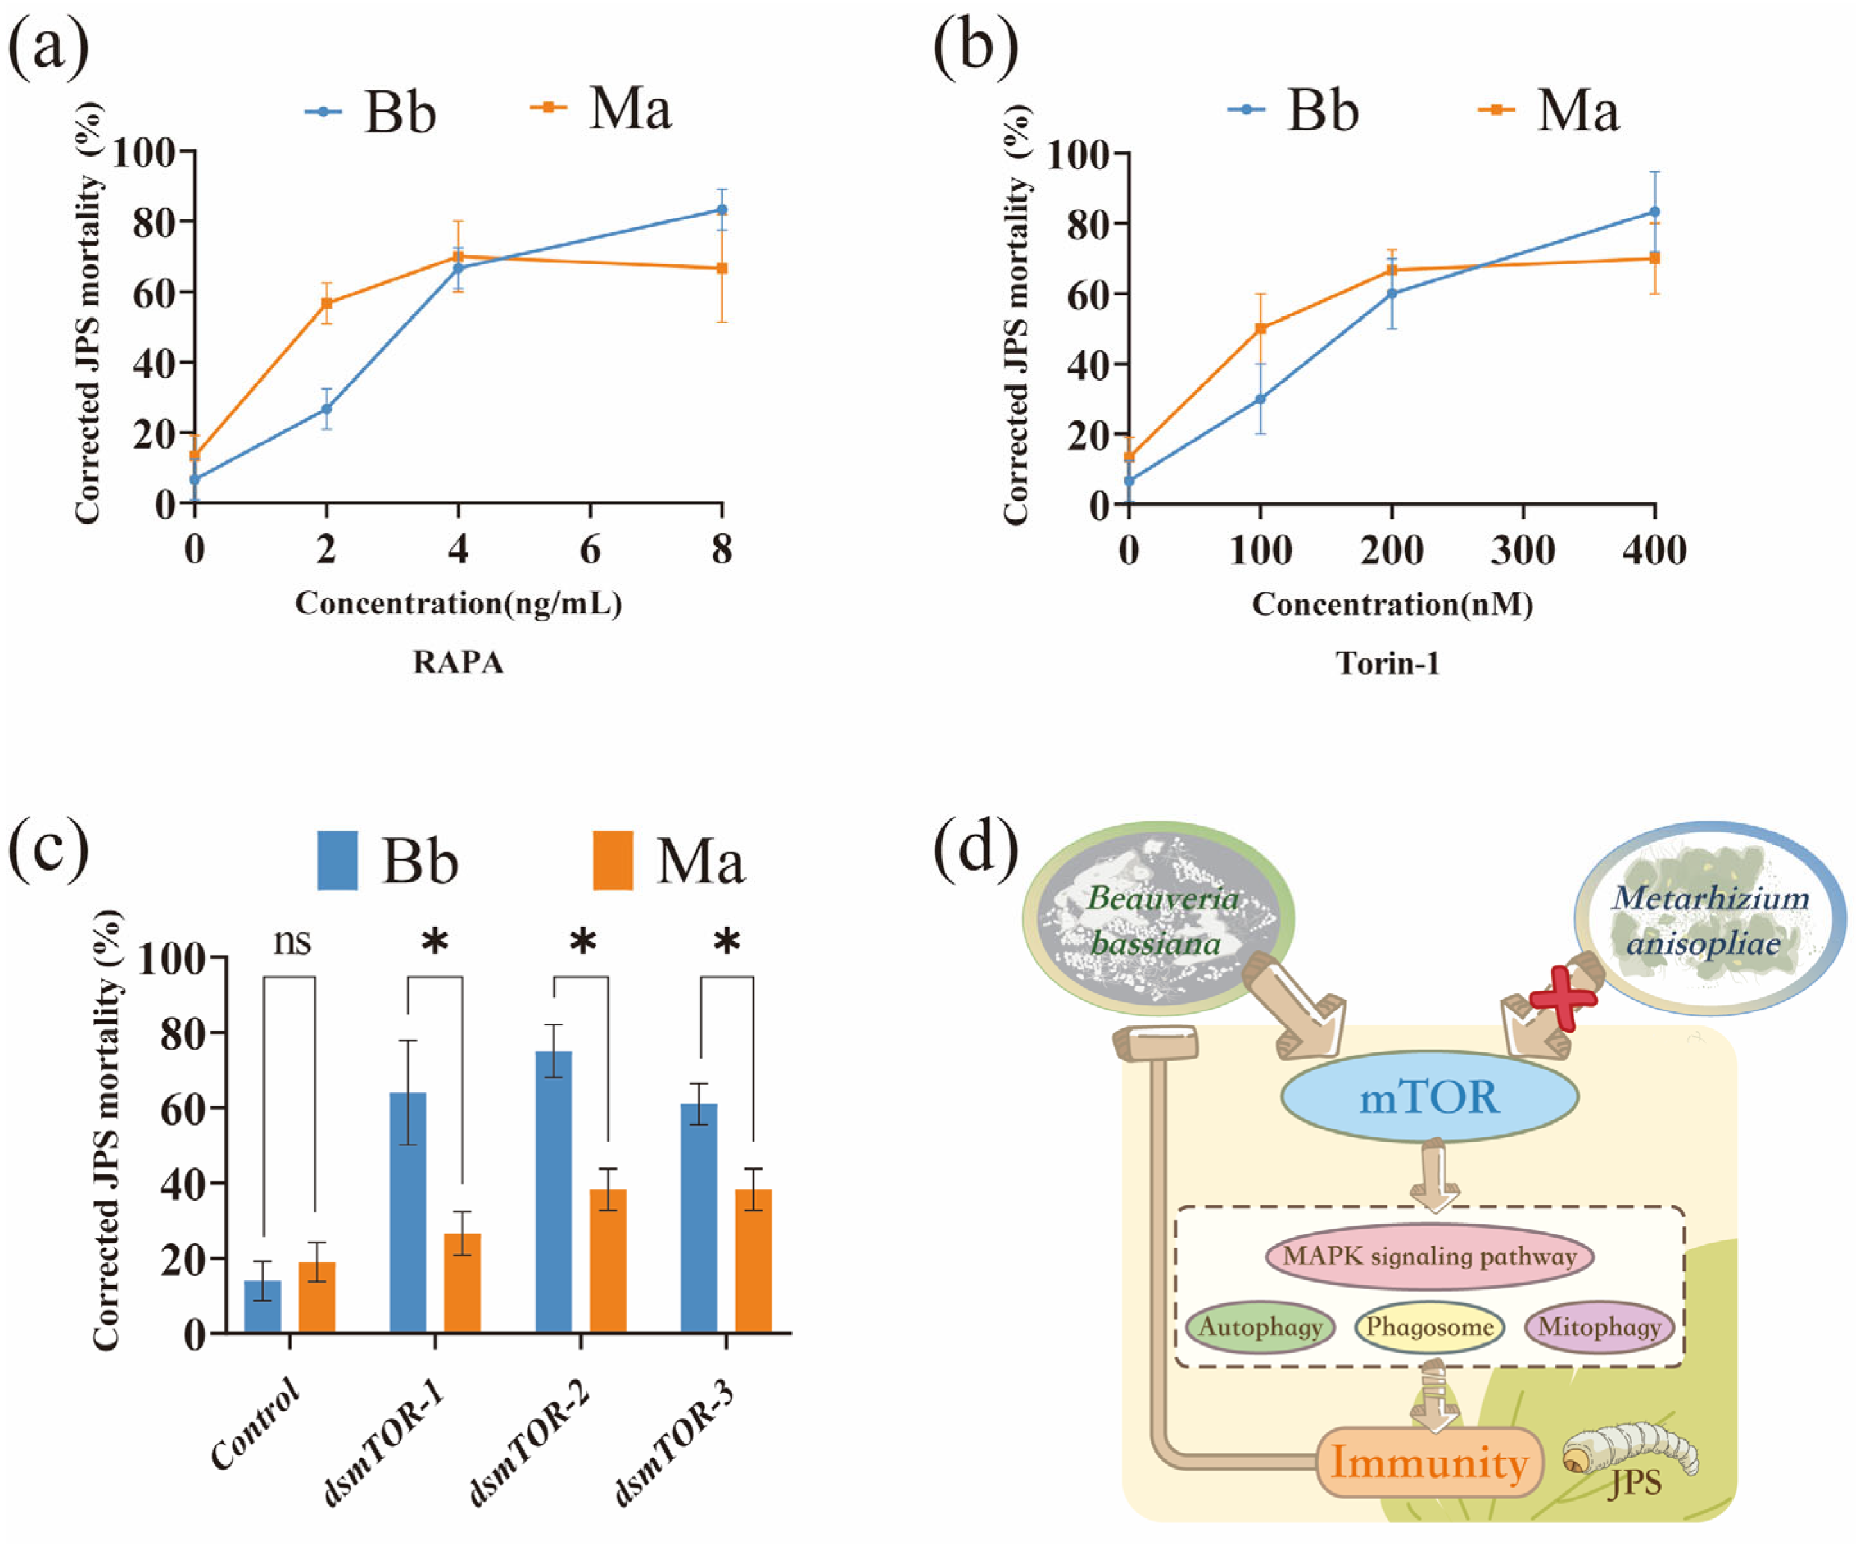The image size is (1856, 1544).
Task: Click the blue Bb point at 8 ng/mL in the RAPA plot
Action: [721, 210]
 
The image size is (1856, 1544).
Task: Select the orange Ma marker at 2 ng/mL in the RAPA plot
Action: [326, 304]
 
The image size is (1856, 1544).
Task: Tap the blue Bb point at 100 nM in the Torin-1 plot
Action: [1260, 399]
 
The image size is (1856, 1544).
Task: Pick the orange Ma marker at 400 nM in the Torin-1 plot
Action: [1655, 258]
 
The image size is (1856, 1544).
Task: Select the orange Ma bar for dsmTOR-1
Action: [462, 1282]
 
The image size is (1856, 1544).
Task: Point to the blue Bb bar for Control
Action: [262, 1305]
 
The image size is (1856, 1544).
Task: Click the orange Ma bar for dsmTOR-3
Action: [753, 1260]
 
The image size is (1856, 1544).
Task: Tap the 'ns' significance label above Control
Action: [292, 941]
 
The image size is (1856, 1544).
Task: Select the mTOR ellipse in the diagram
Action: [1429, 1097]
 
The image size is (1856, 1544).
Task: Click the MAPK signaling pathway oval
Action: [1429, 1257]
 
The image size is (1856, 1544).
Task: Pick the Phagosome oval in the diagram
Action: [1429, 1326]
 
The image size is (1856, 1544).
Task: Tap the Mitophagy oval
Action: [1599, 1326]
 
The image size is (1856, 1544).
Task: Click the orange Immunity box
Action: [1429, 1463]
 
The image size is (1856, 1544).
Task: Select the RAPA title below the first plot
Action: [458, 662]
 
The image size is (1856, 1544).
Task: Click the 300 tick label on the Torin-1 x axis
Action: [1523, 550]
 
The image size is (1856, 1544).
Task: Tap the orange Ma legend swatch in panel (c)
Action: [612, 859]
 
